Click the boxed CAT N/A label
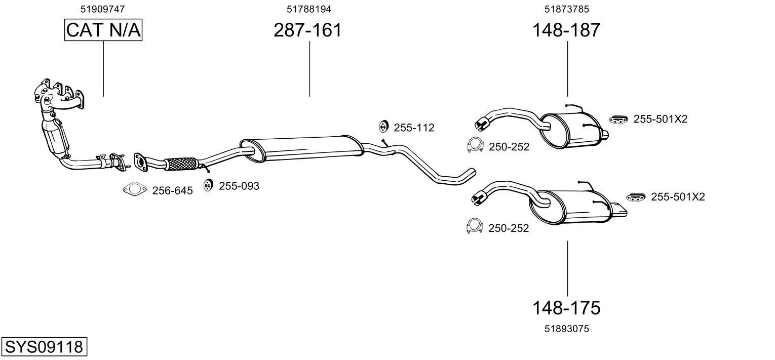[103, 30]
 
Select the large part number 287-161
[307, 30]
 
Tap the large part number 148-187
[566, 30]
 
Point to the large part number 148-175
[566, 307]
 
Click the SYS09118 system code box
[44, 347]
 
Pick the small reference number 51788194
[309, 9]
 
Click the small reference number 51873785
[567, 9]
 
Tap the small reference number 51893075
[567, 329]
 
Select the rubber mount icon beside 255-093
[208, 186]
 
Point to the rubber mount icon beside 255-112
[383, 127]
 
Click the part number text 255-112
[414, 128]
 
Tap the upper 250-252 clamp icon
[474, 145]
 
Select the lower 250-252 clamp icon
[474, 226]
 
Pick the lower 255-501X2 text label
[678, 196]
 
